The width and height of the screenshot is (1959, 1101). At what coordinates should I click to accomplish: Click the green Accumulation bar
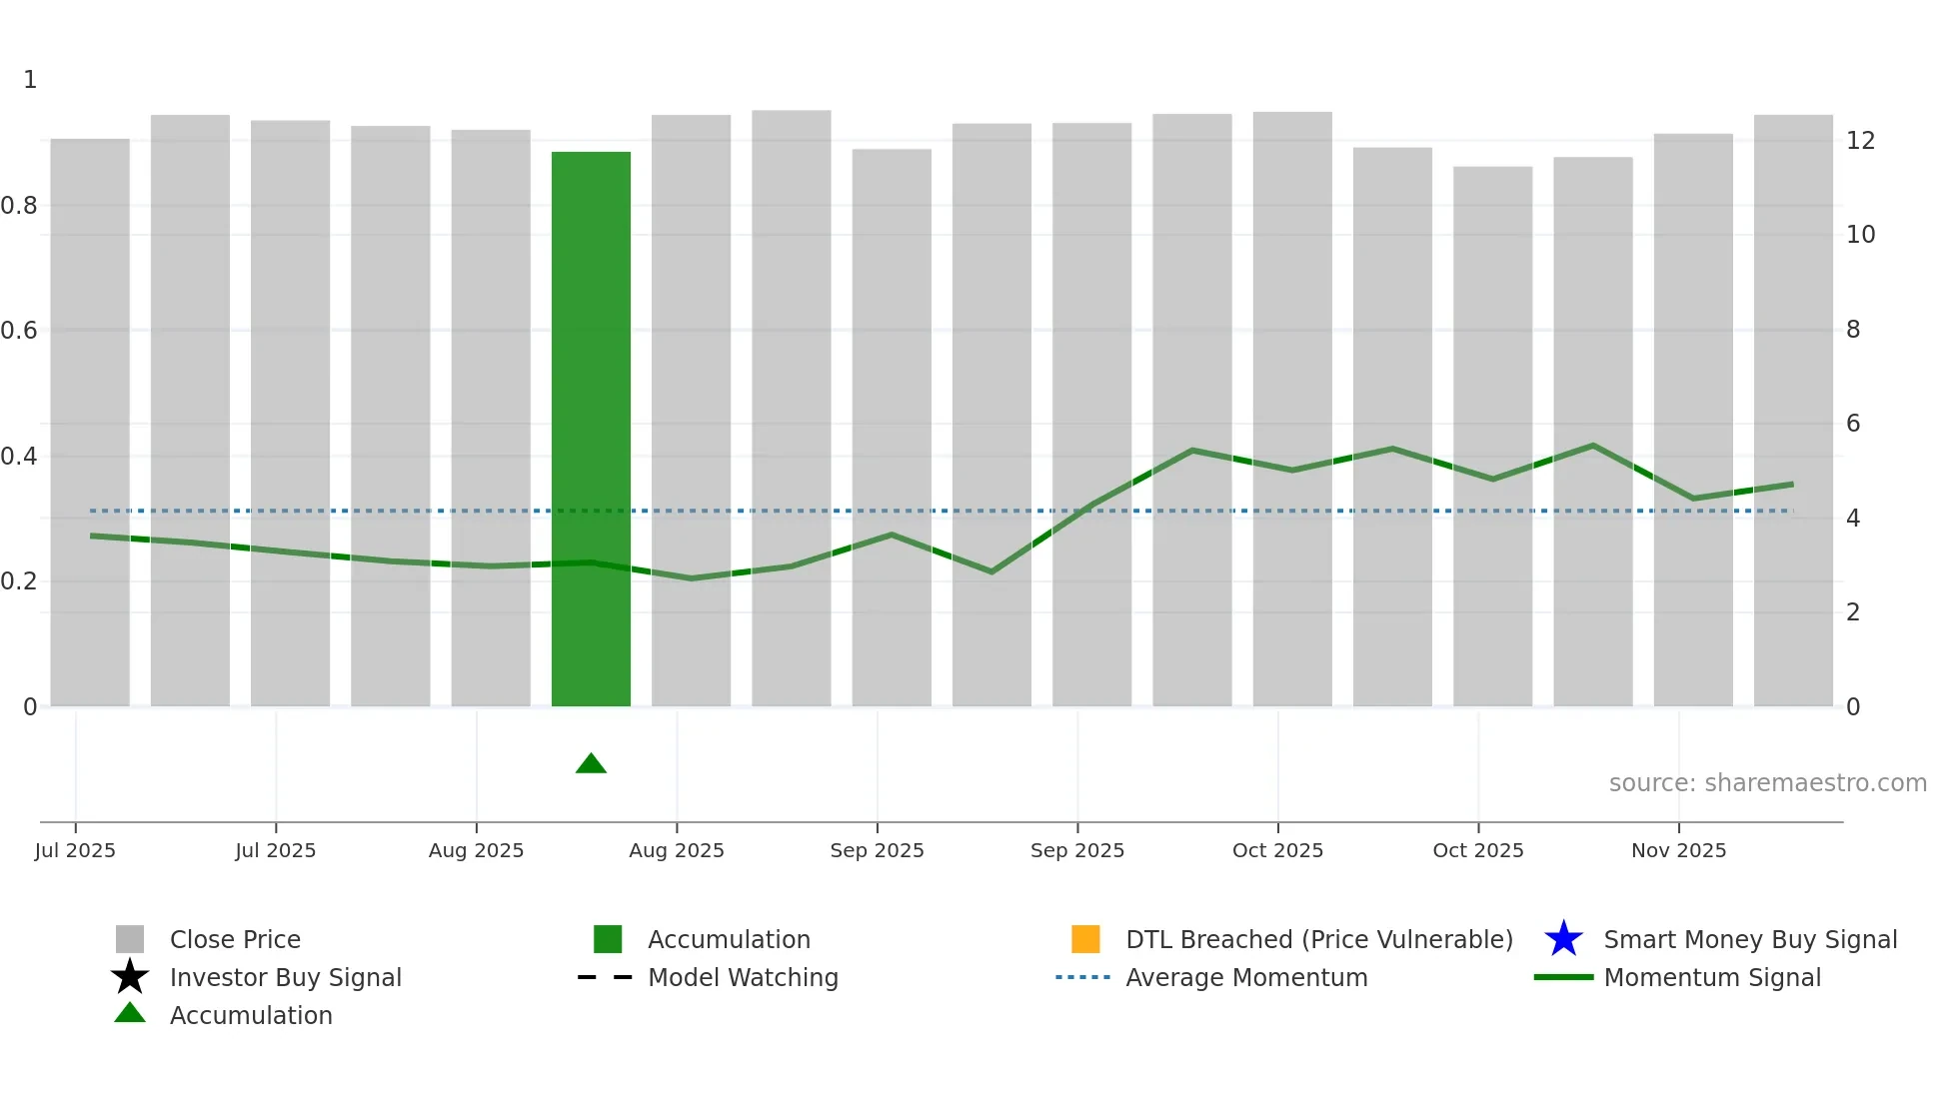coord(591,430)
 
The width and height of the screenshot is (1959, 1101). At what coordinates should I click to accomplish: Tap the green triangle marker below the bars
coord(591,764)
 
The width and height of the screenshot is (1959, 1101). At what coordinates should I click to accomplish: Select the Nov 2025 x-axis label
coord(1678,850)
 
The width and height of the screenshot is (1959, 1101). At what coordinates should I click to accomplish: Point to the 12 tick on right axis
coord(1860,141)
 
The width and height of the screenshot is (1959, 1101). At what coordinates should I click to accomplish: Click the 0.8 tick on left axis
coord(20,206)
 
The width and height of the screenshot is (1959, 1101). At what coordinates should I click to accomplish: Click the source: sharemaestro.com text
coord(1767,783)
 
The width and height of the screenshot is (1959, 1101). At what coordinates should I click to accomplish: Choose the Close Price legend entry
coord(235,939)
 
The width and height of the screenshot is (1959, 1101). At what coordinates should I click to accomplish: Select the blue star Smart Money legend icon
coord(1563,939)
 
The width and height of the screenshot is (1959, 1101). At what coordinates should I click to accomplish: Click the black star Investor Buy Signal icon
coord(130,977)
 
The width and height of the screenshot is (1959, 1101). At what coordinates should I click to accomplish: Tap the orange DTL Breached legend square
coord(1085,939)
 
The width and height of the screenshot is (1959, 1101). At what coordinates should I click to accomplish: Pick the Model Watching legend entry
coord(743,977)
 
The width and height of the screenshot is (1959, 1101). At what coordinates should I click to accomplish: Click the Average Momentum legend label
coord(1246,977)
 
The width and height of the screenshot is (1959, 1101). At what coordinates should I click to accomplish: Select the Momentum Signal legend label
coord(1711,977)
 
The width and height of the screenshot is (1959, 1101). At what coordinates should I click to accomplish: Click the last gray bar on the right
coord(1793,410)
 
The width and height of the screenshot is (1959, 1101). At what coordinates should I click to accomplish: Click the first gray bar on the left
coord(90,420)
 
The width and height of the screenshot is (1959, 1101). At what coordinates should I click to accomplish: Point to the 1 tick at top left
coord(30,80)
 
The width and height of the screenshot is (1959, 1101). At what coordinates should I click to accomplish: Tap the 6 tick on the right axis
coord(1853,424)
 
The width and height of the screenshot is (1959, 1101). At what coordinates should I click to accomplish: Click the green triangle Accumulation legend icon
coord(130,1013)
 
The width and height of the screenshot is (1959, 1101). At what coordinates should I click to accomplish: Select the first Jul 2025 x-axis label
coord(75,850)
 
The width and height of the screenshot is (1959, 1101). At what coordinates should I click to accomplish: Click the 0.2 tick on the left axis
coord(20,581)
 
